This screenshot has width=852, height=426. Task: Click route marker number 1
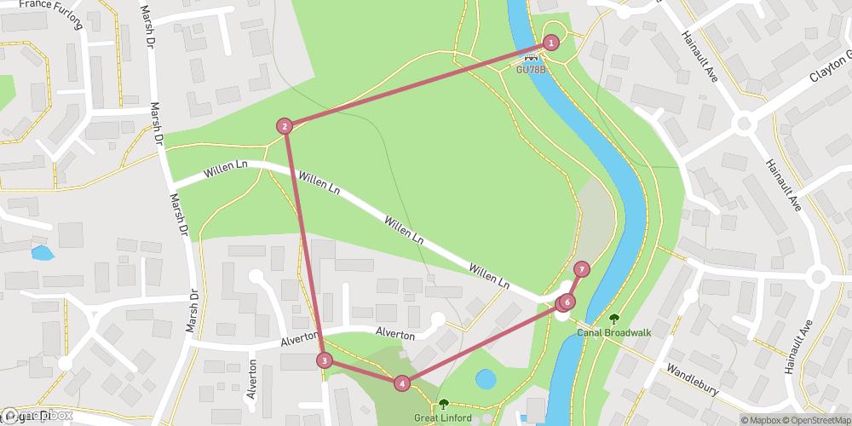(x=551, y=43)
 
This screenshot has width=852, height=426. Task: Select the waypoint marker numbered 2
(x=285, y=126)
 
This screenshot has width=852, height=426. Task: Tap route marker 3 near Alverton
(x=324, y=360)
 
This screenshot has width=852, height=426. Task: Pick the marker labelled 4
(x=401, y=383)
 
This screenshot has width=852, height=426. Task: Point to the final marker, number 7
(x=582, y=269)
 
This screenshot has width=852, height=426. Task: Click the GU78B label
(x=530, y=70)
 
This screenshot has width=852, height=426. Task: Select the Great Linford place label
(x=442, y=417)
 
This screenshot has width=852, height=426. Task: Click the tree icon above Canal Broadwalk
(x=613, y=318)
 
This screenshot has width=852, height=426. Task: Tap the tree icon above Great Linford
(x=442, y=404)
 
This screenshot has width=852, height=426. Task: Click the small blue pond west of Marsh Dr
(x=40, y=253)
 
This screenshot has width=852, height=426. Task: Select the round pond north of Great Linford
(x=486, y=378)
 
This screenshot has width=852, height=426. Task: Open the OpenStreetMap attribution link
(x=820, y=419)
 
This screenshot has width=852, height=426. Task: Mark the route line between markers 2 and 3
(x=304, y=243)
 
